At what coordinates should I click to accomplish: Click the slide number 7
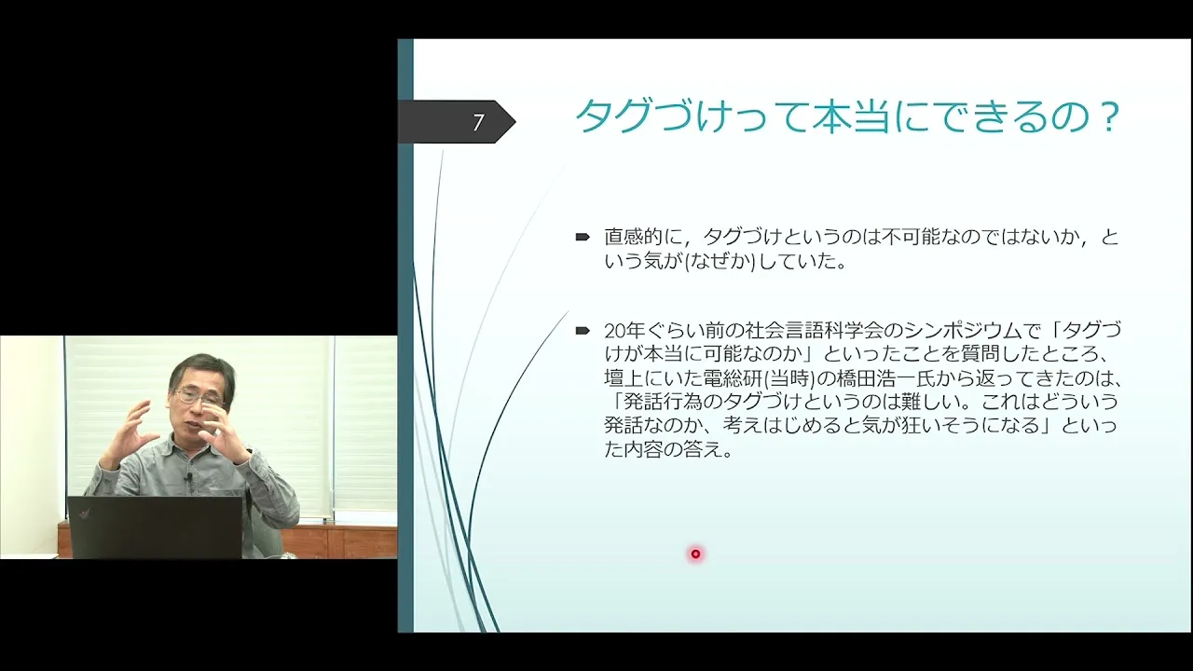click(x=478, y=122)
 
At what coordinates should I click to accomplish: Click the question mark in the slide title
click(x=1109, y=116)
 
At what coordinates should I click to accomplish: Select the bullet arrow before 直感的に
click(x=583, y=237)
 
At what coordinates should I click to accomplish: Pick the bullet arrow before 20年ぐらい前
click(x=583, y=331)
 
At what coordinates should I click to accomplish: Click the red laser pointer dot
click(x=695, y=554)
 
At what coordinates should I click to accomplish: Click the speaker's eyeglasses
click(x=199, y=397)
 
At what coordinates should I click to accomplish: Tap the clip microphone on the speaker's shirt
click(x=188, y=475)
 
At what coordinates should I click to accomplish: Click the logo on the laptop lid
click(x=84, y=514)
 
